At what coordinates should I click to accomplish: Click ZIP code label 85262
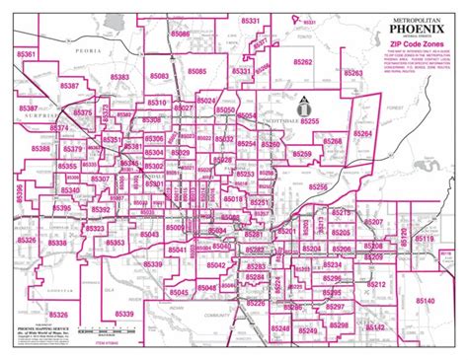tap(302, 61)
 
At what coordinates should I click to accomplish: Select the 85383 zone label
tap(119, 76)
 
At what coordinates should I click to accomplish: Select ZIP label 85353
tap(115, 243)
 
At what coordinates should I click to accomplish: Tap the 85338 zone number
tap(57, 243)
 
